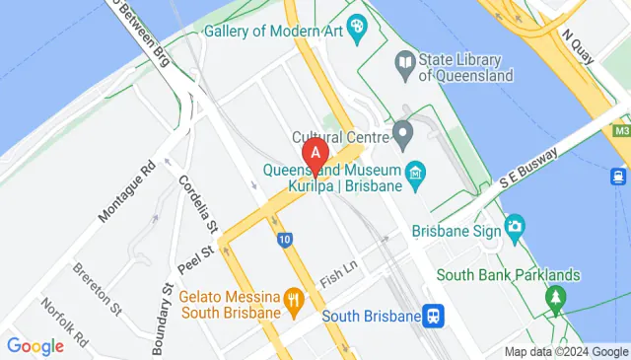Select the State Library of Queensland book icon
point(403,63)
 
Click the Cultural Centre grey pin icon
point(402,131)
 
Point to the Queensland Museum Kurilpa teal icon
point(415,176)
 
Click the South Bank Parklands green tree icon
point(556,296)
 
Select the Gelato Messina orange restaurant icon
point(293,297)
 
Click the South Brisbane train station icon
point(432,316)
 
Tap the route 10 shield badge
point(284,239)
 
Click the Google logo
point(35,346)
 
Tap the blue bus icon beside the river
point(618,177)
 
